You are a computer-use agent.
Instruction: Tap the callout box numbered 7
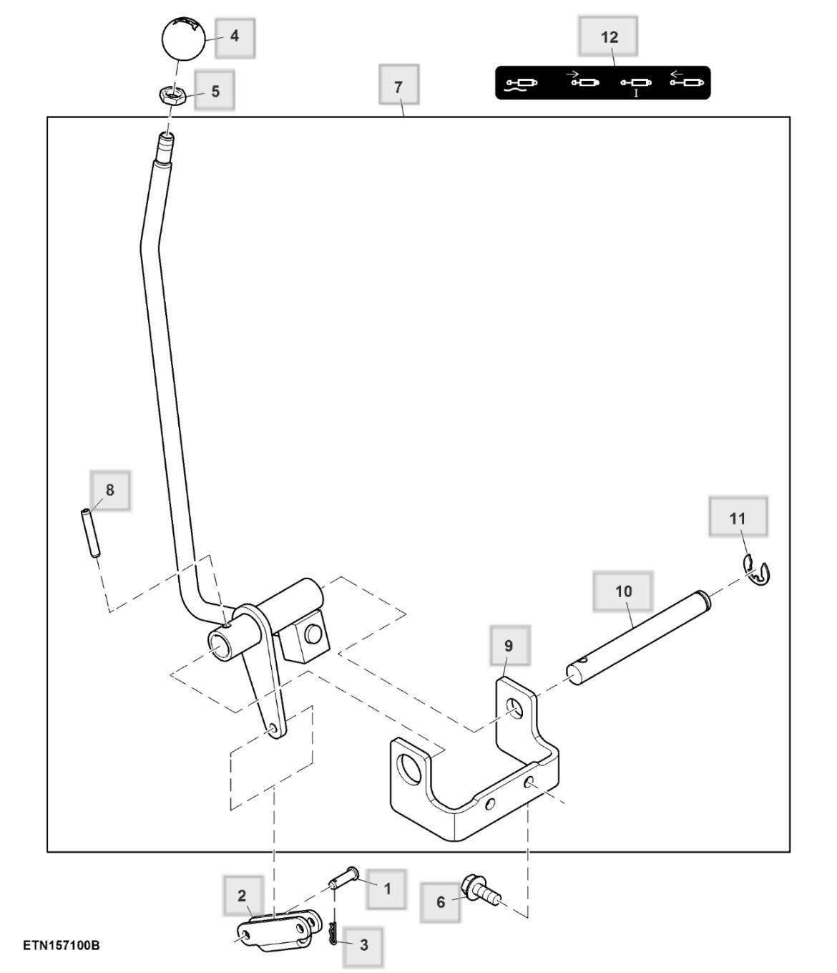tap(398, 85)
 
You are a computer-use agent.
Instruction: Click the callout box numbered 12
tap(609, 37)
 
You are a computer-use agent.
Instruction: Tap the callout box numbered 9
tap(509, 645)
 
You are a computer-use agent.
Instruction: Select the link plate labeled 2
tap(276, 931)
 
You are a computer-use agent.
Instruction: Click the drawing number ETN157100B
tap(61, 946)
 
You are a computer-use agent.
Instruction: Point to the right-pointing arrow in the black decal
tap(573, 73)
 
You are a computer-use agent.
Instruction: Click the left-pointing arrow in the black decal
tap(677, 73)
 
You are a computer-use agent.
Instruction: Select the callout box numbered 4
tap(234, 36)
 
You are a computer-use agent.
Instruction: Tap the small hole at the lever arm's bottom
tap(273, 728)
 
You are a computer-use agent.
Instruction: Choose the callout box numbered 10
tap(623, 591)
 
